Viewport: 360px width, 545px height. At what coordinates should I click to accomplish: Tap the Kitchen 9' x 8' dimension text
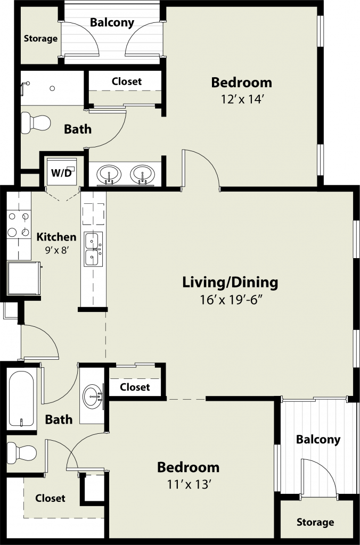click(56, 250)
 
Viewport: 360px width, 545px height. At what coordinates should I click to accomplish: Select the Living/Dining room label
click(230, 282)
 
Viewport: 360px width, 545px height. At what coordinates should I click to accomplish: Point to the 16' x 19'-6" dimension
click(231, 300)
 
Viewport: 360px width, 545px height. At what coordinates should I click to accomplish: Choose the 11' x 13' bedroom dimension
click(190, 484)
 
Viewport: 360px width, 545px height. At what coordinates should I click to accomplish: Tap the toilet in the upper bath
click(36, 123)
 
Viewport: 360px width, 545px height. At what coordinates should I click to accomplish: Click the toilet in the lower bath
click(21, 453)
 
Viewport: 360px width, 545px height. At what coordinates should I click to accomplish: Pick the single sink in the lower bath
click(93, 396)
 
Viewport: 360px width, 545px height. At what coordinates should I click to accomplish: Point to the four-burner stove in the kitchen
click(19, 225)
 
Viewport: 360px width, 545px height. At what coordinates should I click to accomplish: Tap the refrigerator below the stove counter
click(24, 278)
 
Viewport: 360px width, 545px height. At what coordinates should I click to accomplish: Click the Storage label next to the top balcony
click(40, 38)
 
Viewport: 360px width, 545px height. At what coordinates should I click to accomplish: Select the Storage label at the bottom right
click(315, 522)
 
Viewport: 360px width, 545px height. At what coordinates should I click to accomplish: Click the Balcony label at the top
click(112, 22)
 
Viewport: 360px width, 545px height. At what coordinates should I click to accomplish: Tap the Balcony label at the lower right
click(318, 439)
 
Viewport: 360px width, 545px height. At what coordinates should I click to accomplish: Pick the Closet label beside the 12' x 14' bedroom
click(127, 81)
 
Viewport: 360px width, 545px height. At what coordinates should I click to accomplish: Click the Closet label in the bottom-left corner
click(50, 498)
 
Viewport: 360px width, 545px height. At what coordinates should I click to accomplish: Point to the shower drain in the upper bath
click(52, 89)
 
